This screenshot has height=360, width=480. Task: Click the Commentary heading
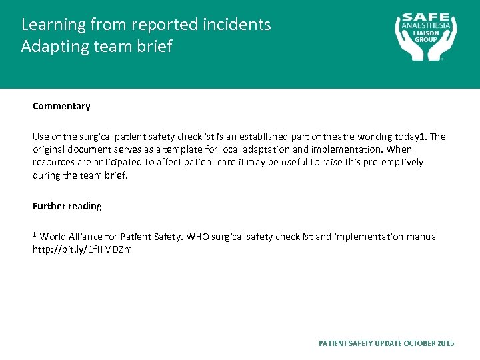click(61, 106)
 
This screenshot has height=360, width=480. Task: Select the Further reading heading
click(67, 206)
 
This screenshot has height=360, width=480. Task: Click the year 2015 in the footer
click(446, 343)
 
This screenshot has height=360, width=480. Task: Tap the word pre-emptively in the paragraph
click(393, 162)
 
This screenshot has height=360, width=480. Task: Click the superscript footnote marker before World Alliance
click(35, 235)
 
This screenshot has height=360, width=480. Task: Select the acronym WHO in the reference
click(198, 237)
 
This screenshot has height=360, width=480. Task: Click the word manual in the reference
click(421, 237)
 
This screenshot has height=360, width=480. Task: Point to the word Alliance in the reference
click(86, 237)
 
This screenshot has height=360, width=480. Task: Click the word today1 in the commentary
click(408, 137)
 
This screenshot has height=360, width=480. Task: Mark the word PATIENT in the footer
click(334, 343)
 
